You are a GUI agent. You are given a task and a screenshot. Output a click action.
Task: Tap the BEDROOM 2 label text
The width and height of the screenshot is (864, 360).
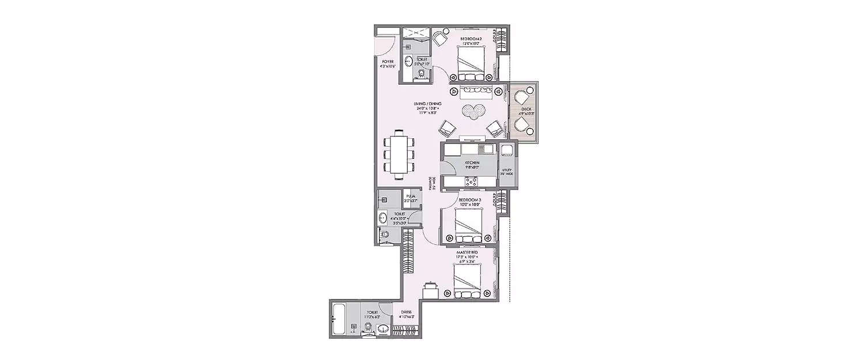pyautogui.click(x=471, y=39)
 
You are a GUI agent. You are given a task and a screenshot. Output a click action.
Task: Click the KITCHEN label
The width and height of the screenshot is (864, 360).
pyautogui.click(x=472, y=163)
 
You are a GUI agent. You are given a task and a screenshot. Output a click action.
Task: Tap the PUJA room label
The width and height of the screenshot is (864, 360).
pyautogui.click(x=411, y=196)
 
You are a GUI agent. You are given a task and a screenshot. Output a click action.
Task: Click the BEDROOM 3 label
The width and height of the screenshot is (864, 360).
pyautogui.click(x=469, y=199)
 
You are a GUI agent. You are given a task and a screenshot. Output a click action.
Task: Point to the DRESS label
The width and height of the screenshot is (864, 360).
pyautogui.click(x=407, y=313)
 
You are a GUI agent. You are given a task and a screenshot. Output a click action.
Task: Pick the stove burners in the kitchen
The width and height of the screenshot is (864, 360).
pyautogui.click(x=471, y=181)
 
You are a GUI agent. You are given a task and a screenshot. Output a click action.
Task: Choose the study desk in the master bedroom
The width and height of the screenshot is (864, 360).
pyautogui.click(x=430, y=290)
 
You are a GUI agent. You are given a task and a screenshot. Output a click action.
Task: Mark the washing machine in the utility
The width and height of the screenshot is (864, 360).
pyautogui.click(x=507, y=151)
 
